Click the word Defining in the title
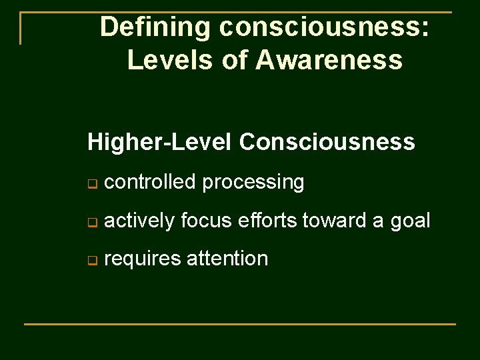pyautogui.click(x=155, y=28)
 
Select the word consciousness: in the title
pyautogui.click(x=324, y=28)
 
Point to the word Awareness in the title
pyautogui.click(x=329, y=60)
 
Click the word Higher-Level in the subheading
pyautogui.click(x=159, y=142)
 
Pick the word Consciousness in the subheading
pyautogui.click(x=327, y=142)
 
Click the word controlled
pyautogui.click(x=150, y=182)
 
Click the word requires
pyautogui.click(x=143, y=259)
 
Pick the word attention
pyautogui.click(x=227, y=258)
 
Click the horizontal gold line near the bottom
pyautogui.click(x=240, y=324)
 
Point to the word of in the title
pyautogui.click(x=235, y=60)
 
